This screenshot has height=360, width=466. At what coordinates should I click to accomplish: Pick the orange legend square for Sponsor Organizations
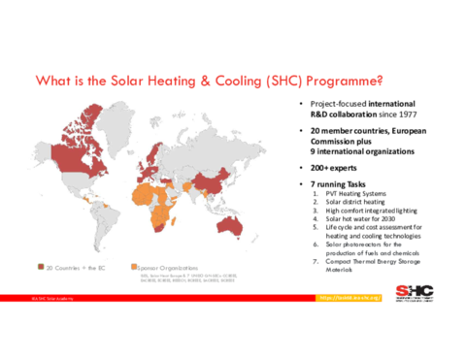133,265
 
